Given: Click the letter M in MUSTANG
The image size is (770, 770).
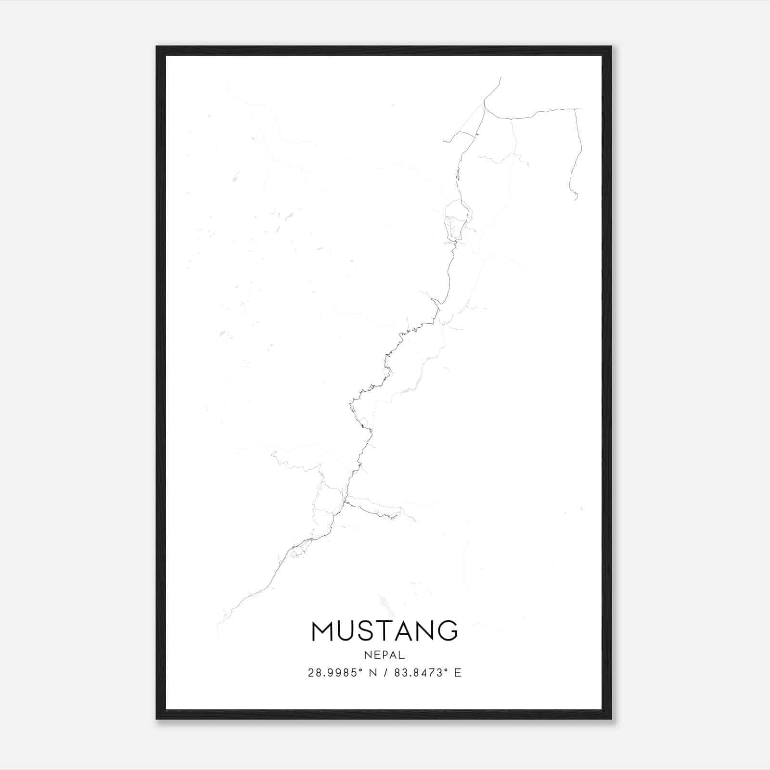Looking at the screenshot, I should click(324, 631).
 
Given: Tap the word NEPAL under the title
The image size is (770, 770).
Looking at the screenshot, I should click(385, 655).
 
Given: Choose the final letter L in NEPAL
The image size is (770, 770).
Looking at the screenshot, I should click(402, 655).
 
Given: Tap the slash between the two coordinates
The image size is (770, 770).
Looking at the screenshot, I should click(385, 673).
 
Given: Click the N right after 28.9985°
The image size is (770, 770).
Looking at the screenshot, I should click(373, 673).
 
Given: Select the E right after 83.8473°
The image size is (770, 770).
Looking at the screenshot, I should click(458, 673).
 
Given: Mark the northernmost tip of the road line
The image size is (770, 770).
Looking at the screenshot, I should click(501, 77).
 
